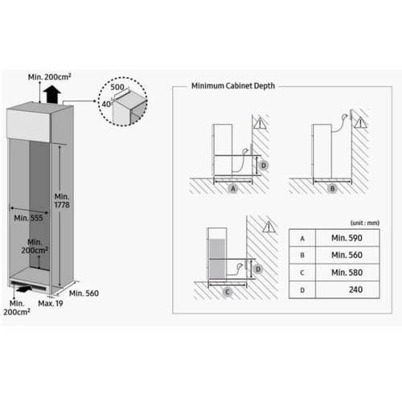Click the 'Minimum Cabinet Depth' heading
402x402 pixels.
point(233,86)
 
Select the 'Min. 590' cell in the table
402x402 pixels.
point(347,238)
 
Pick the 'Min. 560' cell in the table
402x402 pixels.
point(347,255)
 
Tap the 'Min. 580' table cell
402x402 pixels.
point(347,273)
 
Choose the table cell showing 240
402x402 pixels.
point(347,289)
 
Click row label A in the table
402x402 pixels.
point(302,238)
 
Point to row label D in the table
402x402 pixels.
point(302,290)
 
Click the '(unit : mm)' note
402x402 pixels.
point(365,223)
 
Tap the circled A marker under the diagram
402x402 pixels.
point(233,189)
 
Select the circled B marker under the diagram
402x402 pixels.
point(332,189)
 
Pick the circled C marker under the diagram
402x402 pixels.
point(228,292)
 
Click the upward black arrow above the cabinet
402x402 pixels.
point(51,94)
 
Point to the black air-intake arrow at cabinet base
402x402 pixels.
point(23,289)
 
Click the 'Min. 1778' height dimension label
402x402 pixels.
point(62,201)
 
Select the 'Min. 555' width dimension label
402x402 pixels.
point(28,218)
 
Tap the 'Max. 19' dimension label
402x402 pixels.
point(51,303)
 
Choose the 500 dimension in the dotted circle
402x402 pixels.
point(117,87)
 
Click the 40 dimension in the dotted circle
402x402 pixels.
point(106,104)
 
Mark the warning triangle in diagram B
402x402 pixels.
point(361,123)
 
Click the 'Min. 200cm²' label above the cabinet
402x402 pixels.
point(50,77)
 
